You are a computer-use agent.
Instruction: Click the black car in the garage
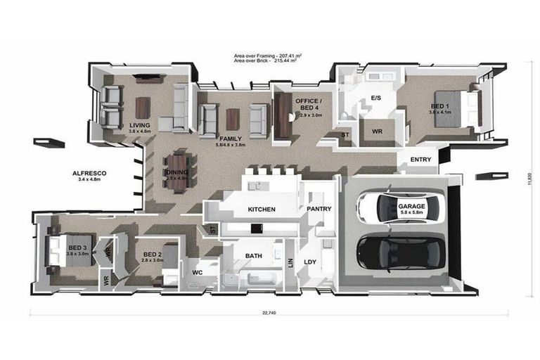401,252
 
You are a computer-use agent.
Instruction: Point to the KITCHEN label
261,210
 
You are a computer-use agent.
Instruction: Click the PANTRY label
319,209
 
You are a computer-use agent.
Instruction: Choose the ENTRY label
420,160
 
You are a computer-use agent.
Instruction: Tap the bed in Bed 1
450,108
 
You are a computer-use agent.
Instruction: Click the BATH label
253,256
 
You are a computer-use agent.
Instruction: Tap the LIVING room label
140,127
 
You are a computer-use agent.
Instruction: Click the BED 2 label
153,255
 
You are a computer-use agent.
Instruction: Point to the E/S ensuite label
375,98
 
